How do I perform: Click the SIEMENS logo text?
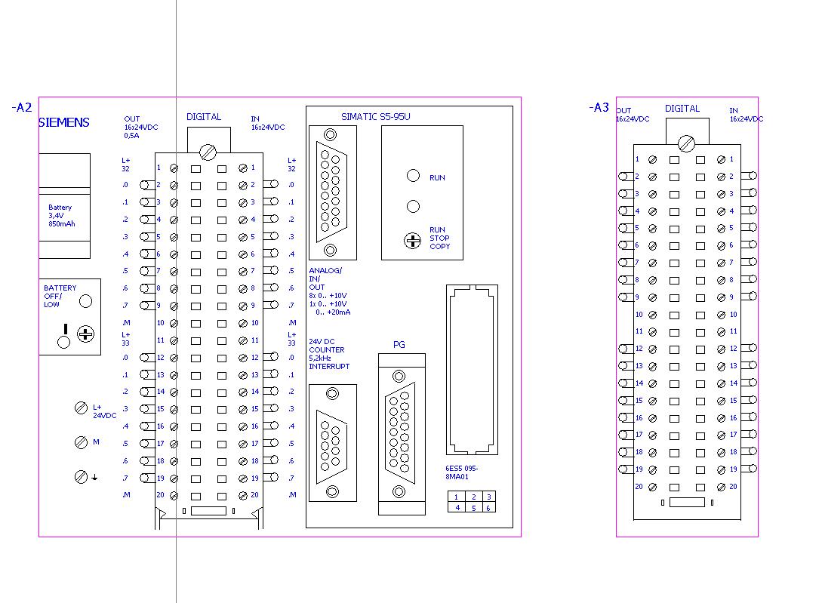(x=64, y=123)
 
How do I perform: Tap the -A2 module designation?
(x=22, y=107)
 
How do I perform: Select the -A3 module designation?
(x=599, y=107)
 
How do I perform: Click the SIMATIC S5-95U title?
(x=375, y=117)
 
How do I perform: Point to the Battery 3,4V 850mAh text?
(x=61, y=216)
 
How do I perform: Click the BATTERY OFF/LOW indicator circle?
(x=85, y=301)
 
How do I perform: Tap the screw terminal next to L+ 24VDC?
(x=81, y=408)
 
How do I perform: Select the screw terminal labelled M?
(x=81, y=442)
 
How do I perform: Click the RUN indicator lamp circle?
(x=413, y=176)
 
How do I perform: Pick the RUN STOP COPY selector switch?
(x=413, y=241)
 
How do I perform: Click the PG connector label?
(x=399, y=344)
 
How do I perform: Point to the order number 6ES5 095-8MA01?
(x=461, y=472)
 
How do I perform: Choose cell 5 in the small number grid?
(x=473, y=508)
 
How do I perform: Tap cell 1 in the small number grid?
(x=456, y=497)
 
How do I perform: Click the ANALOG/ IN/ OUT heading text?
(x=325, y=279)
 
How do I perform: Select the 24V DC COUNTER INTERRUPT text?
(x=328, y=354)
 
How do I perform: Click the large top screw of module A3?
(x=686, y=143)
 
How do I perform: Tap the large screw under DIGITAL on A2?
(x=208, y=152)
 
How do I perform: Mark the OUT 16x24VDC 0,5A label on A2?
(x=141, y=128)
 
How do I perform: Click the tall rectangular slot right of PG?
(x=472, y=370)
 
